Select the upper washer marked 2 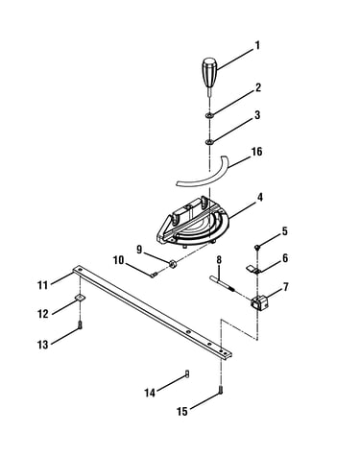coord(210,115)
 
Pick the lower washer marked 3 coord(210,141)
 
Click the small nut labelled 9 coord(173,264)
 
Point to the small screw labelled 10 coord(154,275)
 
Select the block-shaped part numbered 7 coord(260,301)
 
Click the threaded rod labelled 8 coord(223,283)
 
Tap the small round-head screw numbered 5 coord(256,247)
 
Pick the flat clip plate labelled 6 coord(253,269)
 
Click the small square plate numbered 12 coord(80,298)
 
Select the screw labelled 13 coord(80,325)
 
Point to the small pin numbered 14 coord(187,373)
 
